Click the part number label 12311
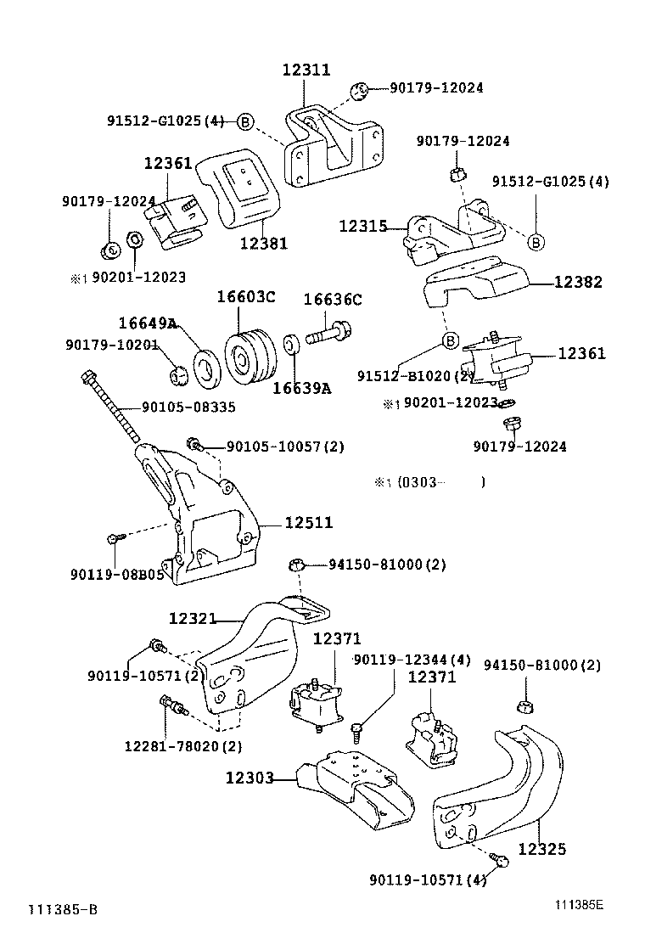(x=306, y=70)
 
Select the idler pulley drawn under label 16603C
(x=248, y=357)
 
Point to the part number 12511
(x=308, y=524)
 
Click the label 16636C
(x=332, y=299)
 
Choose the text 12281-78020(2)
(x=182, y=746)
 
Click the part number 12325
(x=541, y=848)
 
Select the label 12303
(x=250, y=778)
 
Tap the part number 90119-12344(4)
(x=412, y=660)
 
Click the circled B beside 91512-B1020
(x=449, y=342)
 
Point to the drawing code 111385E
(x=580, y=905)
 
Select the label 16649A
(x=147, y=323)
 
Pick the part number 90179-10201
(x=112, y=344)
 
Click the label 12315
(x=362, y=227)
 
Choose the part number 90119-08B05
(x=116, y=575)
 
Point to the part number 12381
(x=263, y=244)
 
